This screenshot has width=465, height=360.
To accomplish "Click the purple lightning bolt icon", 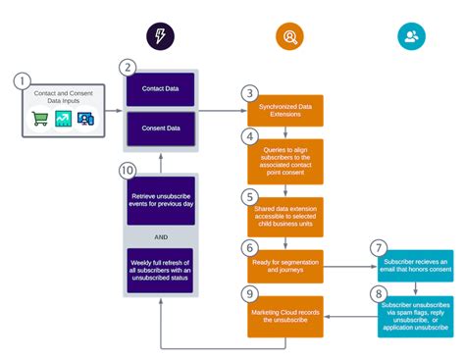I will click(159, 37).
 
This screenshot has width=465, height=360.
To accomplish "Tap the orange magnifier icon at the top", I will click(288, 37).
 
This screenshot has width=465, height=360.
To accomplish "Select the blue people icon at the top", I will click(412, 37).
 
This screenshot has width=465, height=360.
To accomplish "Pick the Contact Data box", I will click(160, 90).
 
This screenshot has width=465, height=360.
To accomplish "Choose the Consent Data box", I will click(160, 129).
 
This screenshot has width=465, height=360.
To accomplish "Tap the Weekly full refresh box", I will click(160, 270).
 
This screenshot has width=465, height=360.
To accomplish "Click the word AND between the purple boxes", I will click(159, 235).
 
